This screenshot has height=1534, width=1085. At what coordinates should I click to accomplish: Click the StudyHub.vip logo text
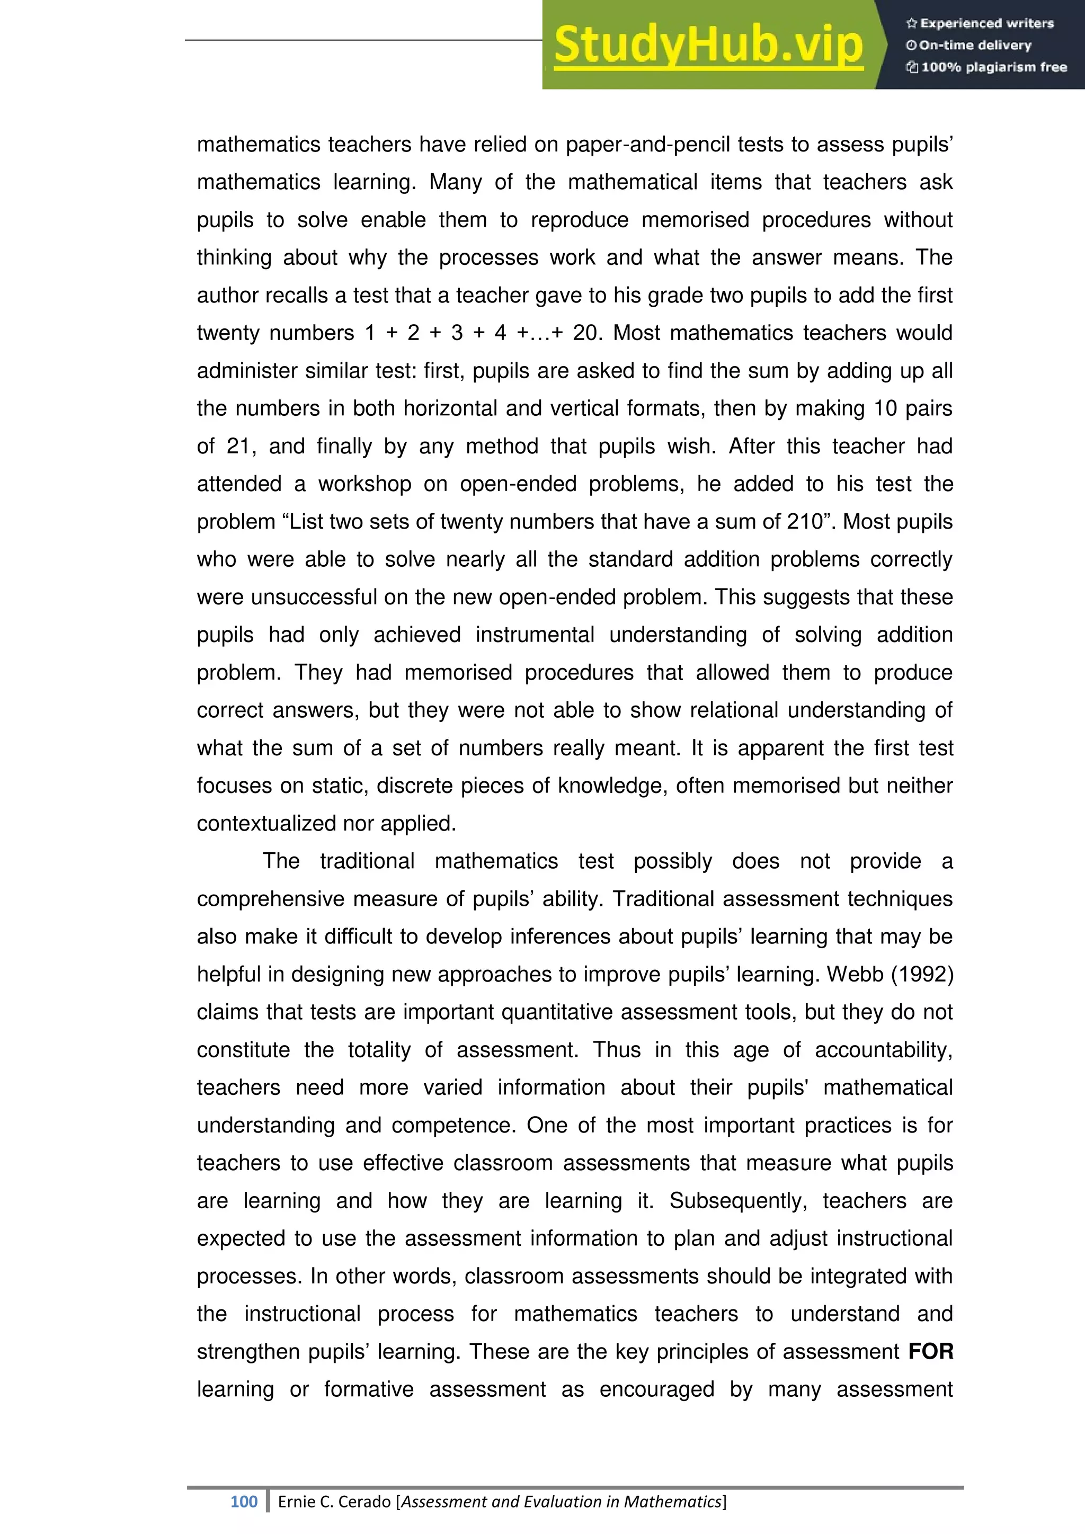[x=708, y=45]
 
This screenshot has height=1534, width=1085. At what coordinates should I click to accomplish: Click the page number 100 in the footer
[x=243, y=1501]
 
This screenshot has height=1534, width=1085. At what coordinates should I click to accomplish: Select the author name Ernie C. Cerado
[x=334, y=1501]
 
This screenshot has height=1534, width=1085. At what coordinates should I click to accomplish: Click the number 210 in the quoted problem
[x=806, y=522]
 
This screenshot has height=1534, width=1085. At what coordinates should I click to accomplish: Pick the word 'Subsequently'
[x=738, y=1201]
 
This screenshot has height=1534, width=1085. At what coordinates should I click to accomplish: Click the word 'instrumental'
[x=535, y=635]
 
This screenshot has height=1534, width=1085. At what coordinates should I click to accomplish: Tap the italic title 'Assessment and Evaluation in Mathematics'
[x=561, y=1501]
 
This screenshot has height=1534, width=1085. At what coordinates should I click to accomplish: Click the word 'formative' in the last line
[x=368, y=1389]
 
